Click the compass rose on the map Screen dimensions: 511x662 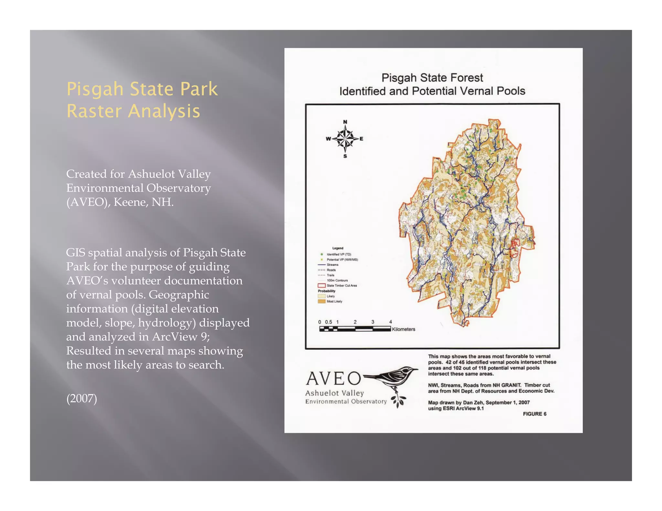click(x=345, y=139)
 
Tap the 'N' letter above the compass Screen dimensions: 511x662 click(x=345, y=122)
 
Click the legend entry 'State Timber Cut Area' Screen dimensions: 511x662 click(x=341, y=286)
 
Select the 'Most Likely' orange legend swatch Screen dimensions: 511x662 click(x=321, y=301)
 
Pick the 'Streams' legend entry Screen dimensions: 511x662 click(x=332, y=265)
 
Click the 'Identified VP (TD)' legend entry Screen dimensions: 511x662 click(x=338, y=254)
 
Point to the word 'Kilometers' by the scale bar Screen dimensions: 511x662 click(x=403, y=329)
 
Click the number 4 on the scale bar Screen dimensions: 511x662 click(x=390, y=322)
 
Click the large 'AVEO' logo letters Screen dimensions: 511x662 click(x=333, y=379)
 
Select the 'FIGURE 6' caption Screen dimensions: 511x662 click(x=534, y=414)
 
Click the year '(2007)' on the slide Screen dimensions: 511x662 click(x=81, y=398)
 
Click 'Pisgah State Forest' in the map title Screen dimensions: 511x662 click(x=432, y=78)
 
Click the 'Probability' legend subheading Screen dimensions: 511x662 click(x=326, y=291)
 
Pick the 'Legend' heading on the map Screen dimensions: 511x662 click(x=338, y=248)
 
